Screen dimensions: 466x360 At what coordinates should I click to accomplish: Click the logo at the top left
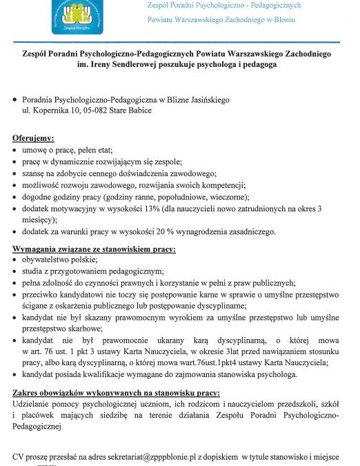pyautogui.click(x=76, y=14)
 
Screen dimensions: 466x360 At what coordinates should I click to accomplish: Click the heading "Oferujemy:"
pyautogui.click(x=38, y=138)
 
